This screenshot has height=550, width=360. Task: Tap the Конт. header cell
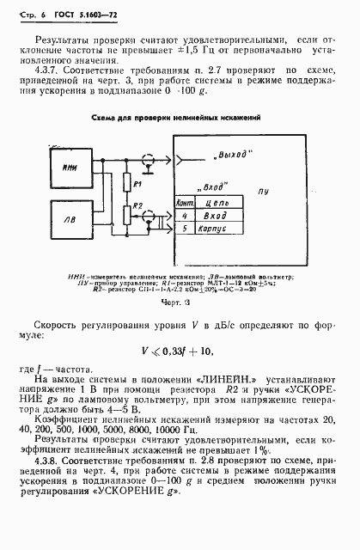(183, 202)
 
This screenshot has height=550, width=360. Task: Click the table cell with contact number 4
(183, 217)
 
